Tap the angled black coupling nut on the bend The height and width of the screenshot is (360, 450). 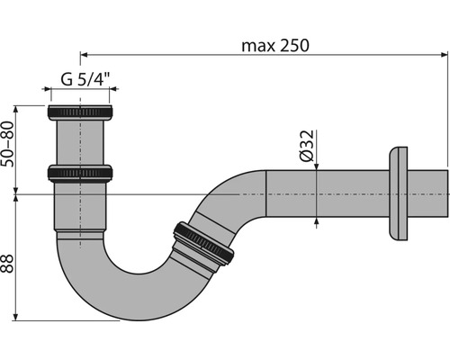(203, 243)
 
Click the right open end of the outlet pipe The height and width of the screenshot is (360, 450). (445, 193)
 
